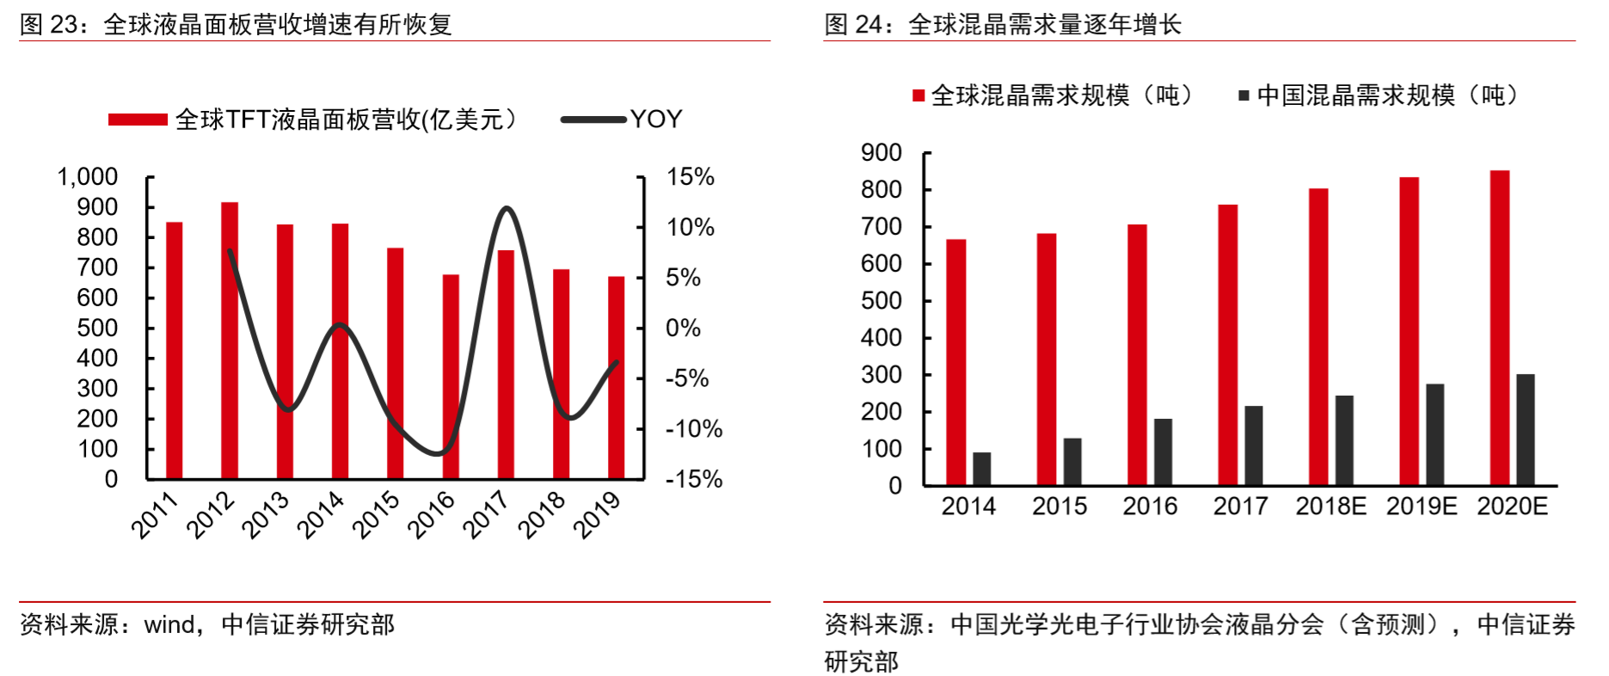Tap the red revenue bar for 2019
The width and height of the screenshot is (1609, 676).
pos(617,378)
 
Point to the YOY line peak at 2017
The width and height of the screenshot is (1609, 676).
pos(507,208)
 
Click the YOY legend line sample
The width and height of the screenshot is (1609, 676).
pos(593,120)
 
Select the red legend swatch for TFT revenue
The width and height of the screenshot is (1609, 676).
pos(138,120)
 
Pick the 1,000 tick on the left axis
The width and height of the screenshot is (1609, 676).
pos(88,177)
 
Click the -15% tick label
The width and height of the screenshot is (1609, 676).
pos(694,479)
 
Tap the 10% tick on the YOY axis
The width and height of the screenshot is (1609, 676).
pos(691,227)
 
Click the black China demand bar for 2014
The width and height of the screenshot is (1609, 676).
pos(982,469)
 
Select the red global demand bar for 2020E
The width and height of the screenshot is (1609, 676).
pos(1500,328)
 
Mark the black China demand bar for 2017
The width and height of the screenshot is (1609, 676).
pos(1254,446)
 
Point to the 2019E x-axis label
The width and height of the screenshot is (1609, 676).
pos(1422,507)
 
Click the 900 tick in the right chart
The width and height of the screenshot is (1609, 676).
pos(881,153)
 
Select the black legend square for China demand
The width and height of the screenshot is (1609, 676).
pos(1244,95)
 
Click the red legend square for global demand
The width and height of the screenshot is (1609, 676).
pos(918,95)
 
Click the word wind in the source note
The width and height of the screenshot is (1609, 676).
pos(169,624)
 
